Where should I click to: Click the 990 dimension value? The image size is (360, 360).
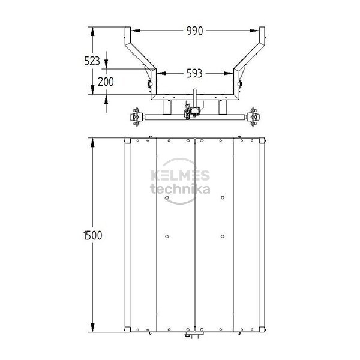pyautogui.click(x=194, y=31)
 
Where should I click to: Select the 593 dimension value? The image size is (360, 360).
pyautogui.click(x=194, y=73)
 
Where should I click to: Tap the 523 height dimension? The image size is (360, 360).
pyautogui.click(x=92, y=61)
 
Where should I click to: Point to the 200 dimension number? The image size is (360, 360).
pyautogui.click(x=106, y=82)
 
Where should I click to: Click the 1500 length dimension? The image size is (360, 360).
pyautogui.click(x=92, y=235)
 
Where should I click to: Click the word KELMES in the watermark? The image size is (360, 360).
pyautogui.click(x=180, y=176)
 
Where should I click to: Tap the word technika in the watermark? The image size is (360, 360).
pyautogui.click(x=180, y=190)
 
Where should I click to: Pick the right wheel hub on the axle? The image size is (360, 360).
pyautogui.click(x=254, y=117)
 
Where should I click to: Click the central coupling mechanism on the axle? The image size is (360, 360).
pyautogui.click(x=191, y=112)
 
